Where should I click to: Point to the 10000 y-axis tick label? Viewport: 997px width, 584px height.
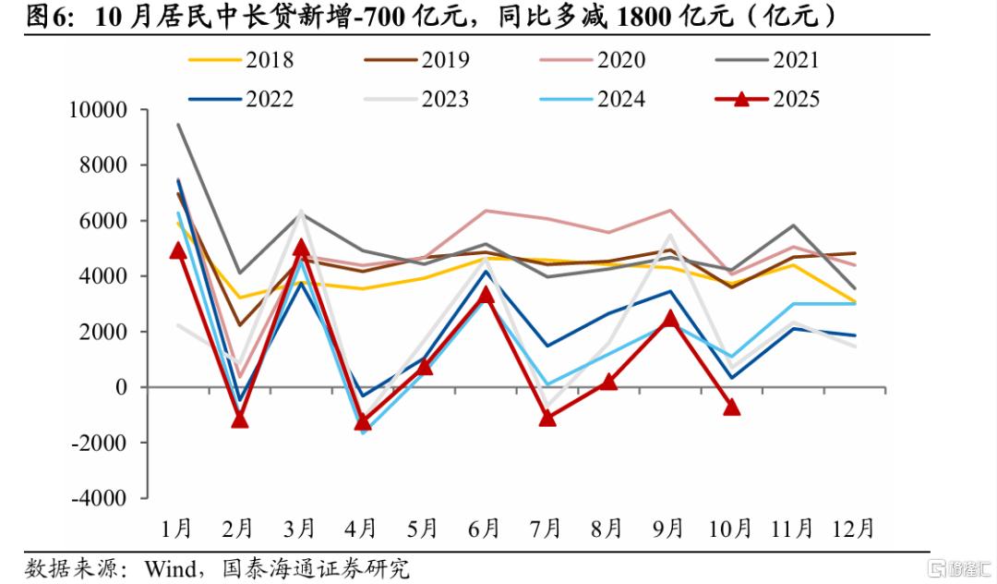pyautogui.click(x=98, y=110)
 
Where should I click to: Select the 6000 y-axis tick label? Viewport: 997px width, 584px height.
pyautogui.click(x=102, y=221)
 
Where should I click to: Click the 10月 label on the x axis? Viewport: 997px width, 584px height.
pyautogui.click(x=729, y=529)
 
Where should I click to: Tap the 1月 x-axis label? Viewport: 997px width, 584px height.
pyautogui.click(x=176, y=529)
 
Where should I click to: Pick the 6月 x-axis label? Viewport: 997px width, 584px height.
pyautogui.click(x=484, y=529)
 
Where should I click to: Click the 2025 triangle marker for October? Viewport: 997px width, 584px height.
pyautogui.click(x=731, y=407)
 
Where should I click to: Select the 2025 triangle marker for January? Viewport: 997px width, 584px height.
pyautogui.click(x=178, y=250)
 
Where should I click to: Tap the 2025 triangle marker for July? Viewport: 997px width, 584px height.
pyautogui.click(x=547, y=418)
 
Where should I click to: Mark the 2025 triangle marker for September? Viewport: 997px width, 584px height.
pyautogui.click(x=670, y=319)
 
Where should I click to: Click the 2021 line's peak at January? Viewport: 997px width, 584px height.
pyautogui.click(x=178, y=125)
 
